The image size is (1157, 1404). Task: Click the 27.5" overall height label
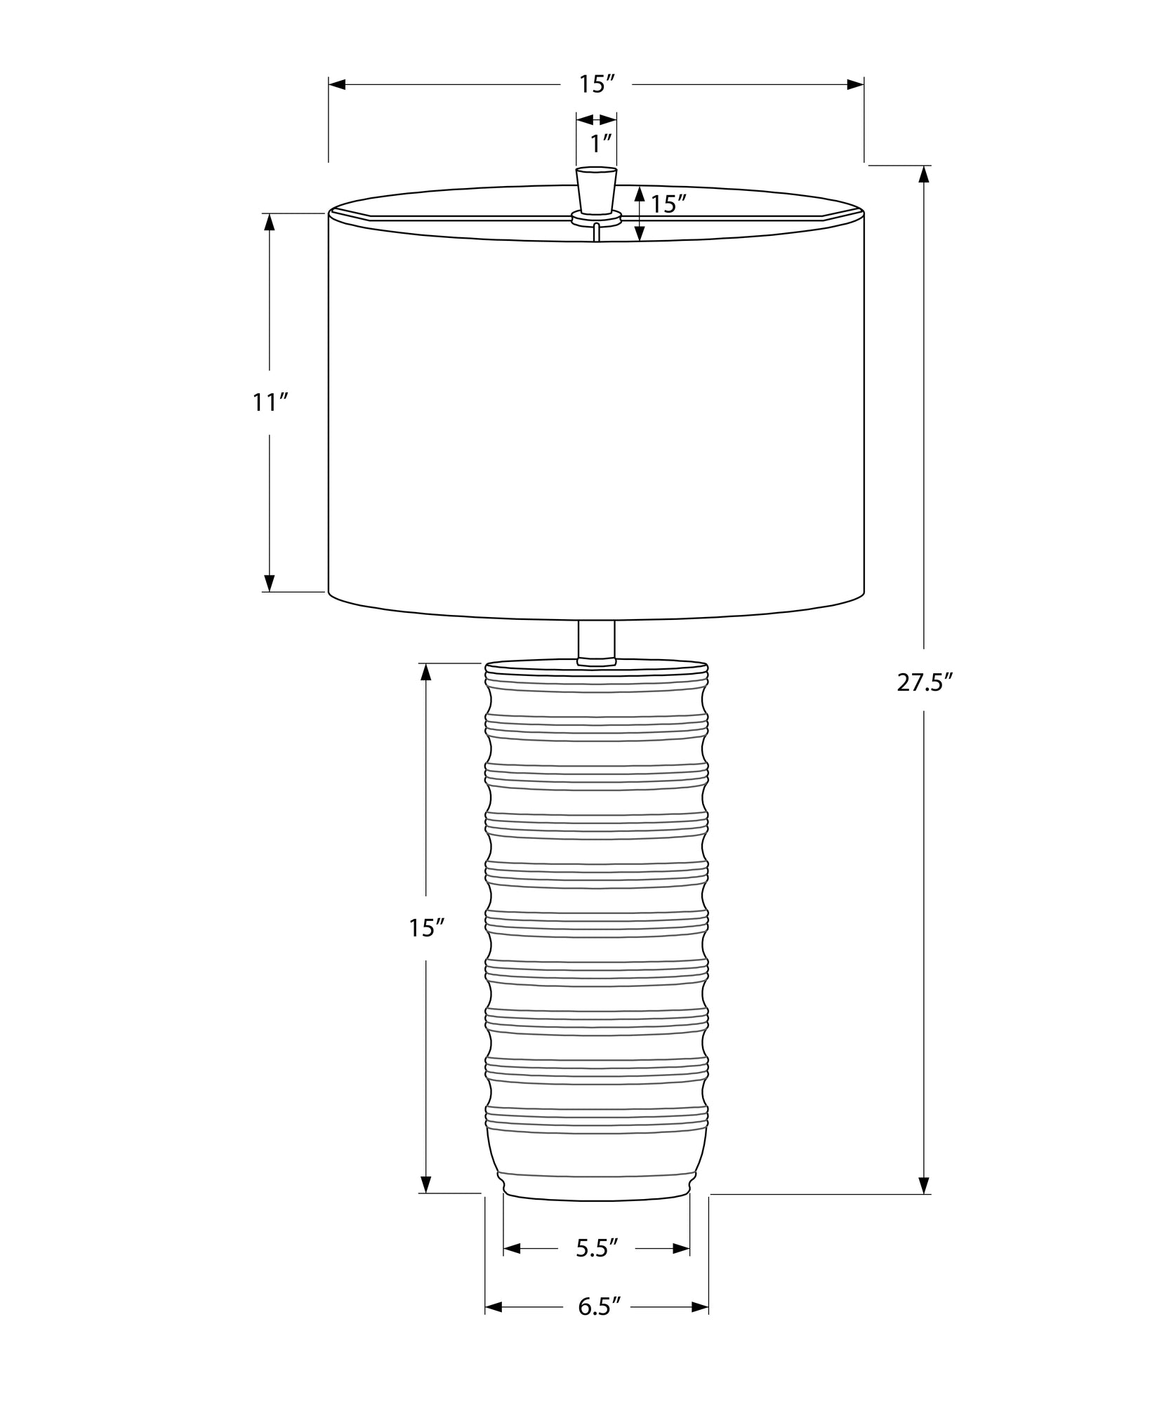(x=925, y=683)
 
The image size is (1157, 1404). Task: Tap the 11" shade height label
(x=270, y=403)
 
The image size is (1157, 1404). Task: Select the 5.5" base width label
(x=596, y=1248)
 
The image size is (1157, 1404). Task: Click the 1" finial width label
(x=602, y=144)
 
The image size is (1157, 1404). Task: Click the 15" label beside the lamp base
(x=427, y=928)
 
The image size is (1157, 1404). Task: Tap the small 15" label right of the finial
(x=668, y=204)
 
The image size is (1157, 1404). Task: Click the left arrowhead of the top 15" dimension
(x=338, y=85)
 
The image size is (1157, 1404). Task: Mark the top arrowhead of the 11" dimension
(x=269, y=223)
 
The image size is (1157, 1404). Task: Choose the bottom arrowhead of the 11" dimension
(x=269, y=583)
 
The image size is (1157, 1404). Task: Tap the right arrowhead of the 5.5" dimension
(x=681, y=1248)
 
